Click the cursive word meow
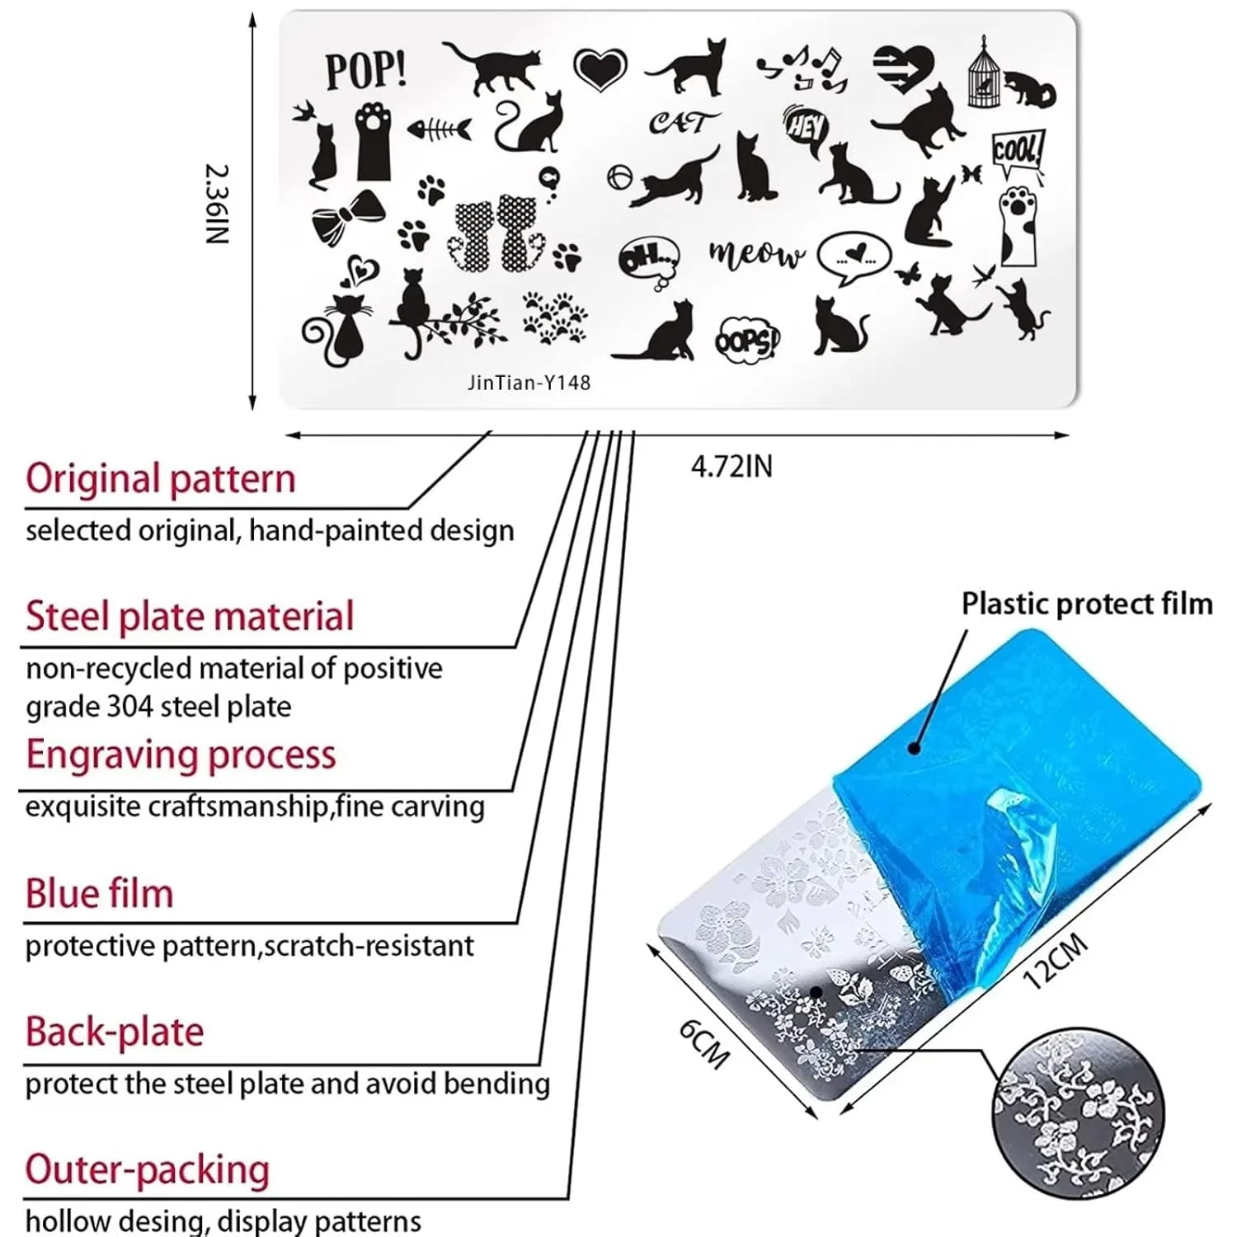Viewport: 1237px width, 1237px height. [755, 254]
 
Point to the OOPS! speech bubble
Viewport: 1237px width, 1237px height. [746, 340]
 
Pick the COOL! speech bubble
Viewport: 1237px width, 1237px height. [1018, 153]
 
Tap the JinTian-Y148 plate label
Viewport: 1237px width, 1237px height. [529, 383]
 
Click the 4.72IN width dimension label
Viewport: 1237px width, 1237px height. [732, 467]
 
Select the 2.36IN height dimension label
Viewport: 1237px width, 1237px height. [217, 204]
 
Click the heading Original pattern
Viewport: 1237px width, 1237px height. [161, 479]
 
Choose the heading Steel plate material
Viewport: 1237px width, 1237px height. [190, 617]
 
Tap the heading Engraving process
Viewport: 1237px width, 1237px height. [181, 755]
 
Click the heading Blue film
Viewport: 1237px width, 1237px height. [99, 894]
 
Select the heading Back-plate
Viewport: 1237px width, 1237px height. [114, 1032]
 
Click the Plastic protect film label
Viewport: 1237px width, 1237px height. [1087, 604]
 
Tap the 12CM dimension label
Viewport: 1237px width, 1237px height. [1056, 962]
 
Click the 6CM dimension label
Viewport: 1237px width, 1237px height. [704, 1042]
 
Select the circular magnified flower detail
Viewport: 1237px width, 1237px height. [1079, 1111]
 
